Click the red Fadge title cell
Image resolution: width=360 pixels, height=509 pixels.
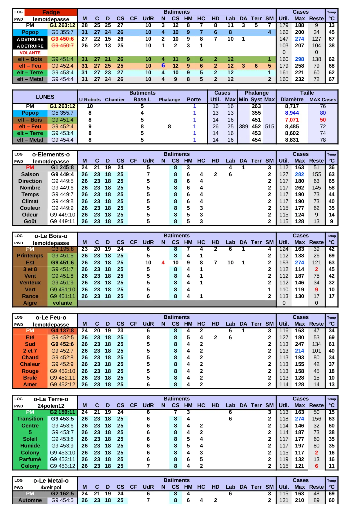[x=51, y=12]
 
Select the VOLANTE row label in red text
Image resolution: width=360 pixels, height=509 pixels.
[x=30, y=53]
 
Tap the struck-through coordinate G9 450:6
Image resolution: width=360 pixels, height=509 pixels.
[x=62, y=39]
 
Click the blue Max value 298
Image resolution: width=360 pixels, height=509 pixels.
[x=299, y=59]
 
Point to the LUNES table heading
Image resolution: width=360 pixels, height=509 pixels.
[x=45, y=97]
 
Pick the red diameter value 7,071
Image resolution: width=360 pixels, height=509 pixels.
[x=292, y=120]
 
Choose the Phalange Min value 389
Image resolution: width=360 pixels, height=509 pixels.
[x=243, y=127]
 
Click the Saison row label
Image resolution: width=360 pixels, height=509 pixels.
[x=30, y=174]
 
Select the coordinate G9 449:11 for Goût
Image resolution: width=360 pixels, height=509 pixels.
[x=62, y=221]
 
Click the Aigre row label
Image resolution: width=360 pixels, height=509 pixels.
[x=30, y=303]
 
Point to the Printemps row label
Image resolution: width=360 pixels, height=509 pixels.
[x=30, y=256]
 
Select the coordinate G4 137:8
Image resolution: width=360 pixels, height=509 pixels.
[x=62, y=331]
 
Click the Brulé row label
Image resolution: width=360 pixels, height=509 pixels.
[x=30, y=378]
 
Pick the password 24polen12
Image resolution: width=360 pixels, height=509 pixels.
[x=51, y=406]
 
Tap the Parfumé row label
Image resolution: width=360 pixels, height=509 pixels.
[x=30, y=459]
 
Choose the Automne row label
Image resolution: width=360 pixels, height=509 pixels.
[x=30, y=500]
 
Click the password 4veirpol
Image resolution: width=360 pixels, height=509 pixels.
[x=51, y=488]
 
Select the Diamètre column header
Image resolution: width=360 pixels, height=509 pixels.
[x=292, y=100]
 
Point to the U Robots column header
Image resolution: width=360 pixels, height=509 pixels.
[x=90, y=100]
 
